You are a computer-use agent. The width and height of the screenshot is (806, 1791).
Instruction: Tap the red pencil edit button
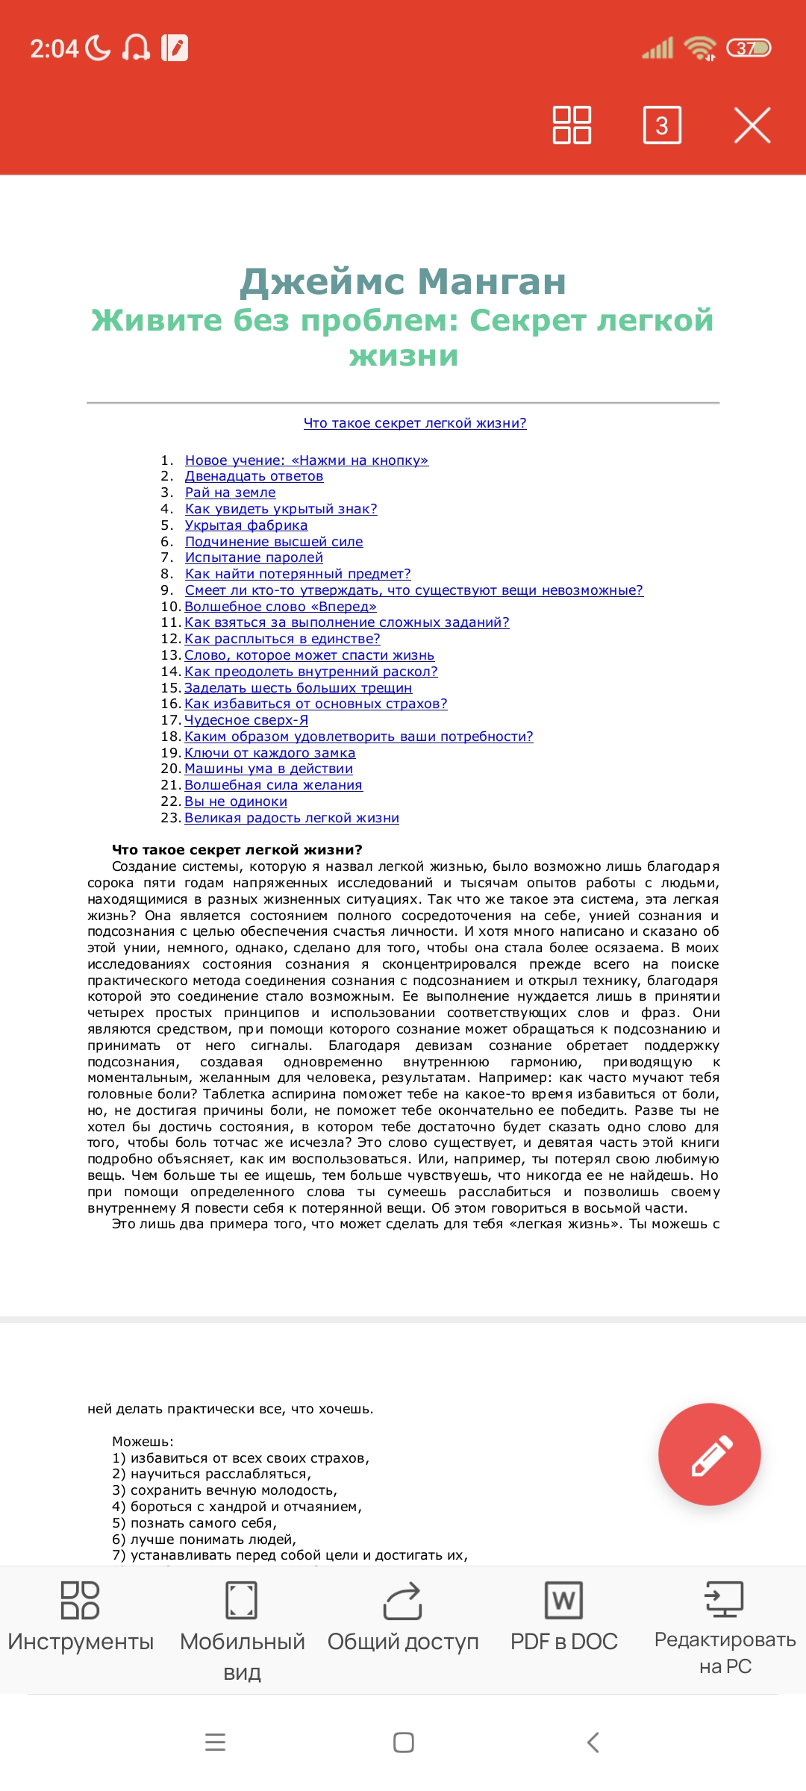(x=709, y=1454)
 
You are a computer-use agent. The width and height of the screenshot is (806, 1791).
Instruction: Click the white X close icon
(x=752, y=125)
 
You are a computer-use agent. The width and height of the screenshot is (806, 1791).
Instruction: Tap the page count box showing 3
(x=662, y=125)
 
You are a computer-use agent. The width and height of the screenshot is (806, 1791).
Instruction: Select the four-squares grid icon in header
(x=572, y=125)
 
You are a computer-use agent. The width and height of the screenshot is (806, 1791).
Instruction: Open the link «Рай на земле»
(x=230, y=493)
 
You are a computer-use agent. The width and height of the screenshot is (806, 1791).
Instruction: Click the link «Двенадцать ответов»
(x=254, y=476)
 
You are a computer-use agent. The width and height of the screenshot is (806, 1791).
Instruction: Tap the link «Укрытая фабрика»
(x=246, y=525)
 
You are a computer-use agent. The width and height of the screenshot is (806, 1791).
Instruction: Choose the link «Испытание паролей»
(x=254, y=557)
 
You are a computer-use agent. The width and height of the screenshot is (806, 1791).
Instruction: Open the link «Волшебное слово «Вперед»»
(x=280, y=607)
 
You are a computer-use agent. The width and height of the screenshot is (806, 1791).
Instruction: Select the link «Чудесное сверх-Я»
(x=246, y=720)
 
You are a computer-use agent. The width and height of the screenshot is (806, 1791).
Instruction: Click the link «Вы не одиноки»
(x=235, y=801)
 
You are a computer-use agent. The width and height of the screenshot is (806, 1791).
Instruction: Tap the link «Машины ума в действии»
(x=268, y=769)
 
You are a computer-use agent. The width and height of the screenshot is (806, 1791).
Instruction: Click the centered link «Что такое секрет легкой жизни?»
(x=415, y=423)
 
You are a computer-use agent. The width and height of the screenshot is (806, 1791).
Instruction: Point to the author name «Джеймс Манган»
(x=403, y=281)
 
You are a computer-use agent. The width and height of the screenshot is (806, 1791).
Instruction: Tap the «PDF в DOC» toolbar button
(x=564, y=1619)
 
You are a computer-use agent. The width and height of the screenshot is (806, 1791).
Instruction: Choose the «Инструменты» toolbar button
(x=81, y=1619)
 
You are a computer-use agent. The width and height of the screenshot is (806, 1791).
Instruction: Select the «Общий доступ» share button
(x=403, y=1619)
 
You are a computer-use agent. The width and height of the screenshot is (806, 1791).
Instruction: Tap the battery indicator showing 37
(x=748, y=49)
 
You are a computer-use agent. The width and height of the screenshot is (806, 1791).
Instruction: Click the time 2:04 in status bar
(x=54, y=49)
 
